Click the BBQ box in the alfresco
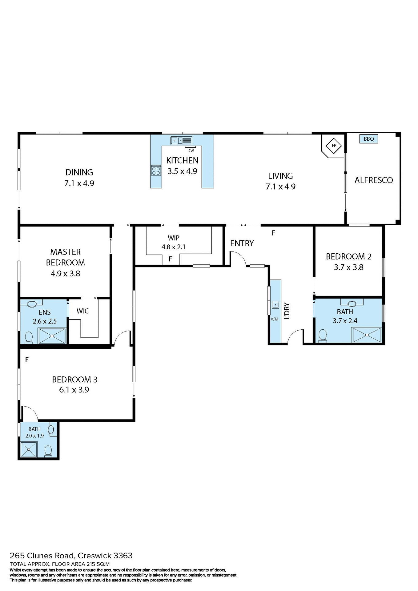(368, 139)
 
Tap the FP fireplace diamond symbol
(334, 146)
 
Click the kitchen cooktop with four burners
(156, 170)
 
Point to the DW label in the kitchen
(191, 151)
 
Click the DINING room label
(79, 172)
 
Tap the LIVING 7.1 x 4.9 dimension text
(280, 187)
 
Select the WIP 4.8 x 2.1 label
(174, 242)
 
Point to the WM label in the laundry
(275, 319)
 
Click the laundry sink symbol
(275, 305)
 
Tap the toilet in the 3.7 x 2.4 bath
(323, 336)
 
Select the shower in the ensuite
(52, 336)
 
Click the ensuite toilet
(29, 337)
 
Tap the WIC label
(82, 311)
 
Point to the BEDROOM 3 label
(74, 380)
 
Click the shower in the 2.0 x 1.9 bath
(29, 450)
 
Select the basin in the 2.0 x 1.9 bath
(51, 429)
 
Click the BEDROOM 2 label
(348, 256)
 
